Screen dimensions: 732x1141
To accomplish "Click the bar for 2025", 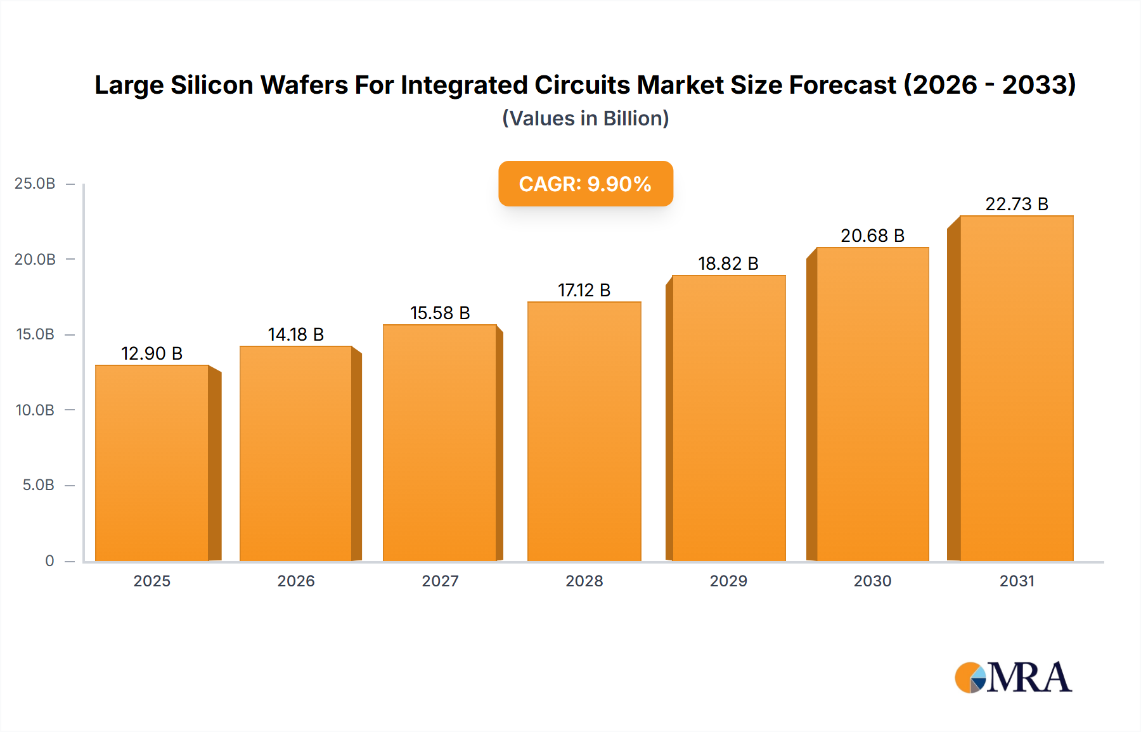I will [x=152, y=463].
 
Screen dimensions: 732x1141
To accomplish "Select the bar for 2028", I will [x=584, y=431].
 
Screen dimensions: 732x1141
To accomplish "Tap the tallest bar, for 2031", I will [x=1016, y=388].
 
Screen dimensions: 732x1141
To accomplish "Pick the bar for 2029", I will [x=728, y=418].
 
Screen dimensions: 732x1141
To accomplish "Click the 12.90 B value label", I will [x=152, y=353].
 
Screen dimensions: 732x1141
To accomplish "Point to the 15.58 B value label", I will [x=440, y=313].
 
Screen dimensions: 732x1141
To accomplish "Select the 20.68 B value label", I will [x=872, y=236].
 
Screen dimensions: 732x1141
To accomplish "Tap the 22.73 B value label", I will [x=1016, y=204].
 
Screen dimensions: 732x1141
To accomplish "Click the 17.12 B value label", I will [x=584, y=290].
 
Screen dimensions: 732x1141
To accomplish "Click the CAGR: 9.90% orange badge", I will [x=585, y=184].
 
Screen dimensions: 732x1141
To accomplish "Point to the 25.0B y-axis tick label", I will [x=35, y=184].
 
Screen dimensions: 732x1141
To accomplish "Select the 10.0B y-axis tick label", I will [x=35, y=410].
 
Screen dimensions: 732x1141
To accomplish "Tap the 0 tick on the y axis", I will [x=49, y=560].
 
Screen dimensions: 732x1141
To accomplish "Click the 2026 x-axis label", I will [x=296, y=581].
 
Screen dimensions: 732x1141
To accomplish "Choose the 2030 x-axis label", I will [x=872, y=581].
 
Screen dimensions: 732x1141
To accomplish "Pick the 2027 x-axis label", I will [x=440, y=581].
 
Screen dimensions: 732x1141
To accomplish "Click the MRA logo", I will [x=1013, y=678].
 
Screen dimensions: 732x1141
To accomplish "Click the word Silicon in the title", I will [x=212, y=85].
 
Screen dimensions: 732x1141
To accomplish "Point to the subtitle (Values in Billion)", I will [x=585, y=118].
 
